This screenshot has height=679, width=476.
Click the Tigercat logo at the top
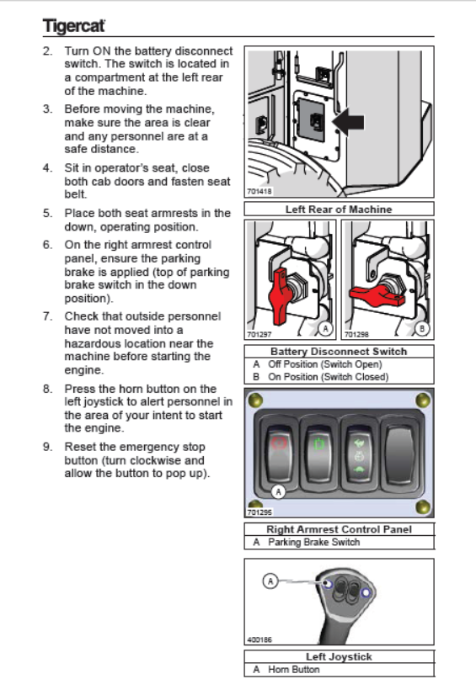click(x=73, y=25)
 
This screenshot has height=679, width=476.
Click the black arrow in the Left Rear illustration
click(x=349, y=122)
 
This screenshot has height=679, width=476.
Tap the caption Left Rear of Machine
click(x=339, y=210)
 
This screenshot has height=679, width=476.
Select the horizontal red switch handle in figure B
click(x=377, y=296)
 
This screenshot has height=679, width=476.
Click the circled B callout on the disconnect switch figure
click(x=422, y=328)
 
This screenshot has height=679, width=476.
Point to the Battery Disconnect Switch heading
click(x=339, y=351)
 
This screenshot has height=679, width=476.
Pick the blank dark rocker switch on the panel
click(x=399, y=453)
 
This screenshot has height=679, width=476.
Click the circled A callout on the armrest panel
click(x=278, y=491)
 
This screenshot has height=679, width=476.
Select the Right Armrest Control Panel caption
click(x=339, y=529)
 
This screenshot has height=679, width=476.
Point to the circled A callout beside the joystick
click(x=270, y=581)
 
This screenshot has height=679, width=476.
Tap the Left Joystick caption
click(x=339, y=656)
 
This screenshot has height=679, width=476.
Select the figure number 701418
click(x=259, y=191)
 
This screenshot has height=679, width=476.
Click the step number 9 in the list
click(x=47, y=447)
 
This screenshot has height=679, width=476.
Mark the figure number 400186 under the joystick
click(x=259, y=639)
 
